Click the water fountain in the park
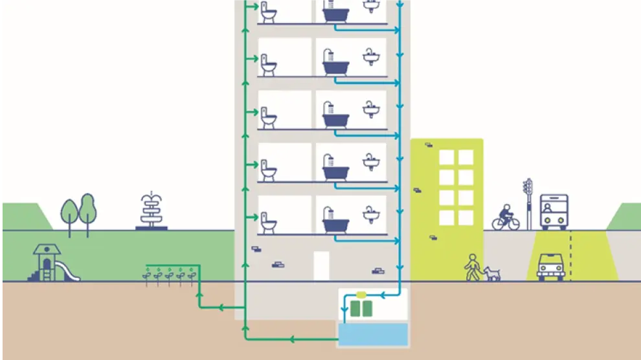tap(151, 211)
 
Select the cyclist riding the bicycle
tap(506, 216)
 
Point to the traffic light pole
tap(528, 203)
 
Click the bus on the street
tap(554, 211)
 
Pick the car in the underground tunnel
tap(551, 266)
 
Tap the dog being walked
tap(492, 273)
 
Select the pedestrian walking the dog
tap(473, 267)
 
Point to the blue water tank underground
tap(373, 333)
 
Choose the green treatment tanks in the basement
tap(361, 308)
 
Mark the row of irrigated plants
tap(168, 276)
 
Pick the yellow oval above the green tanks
tap(361, 295)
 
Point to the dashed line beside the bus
tap(570, 255)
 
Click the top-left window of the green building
tap(447, 157)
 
